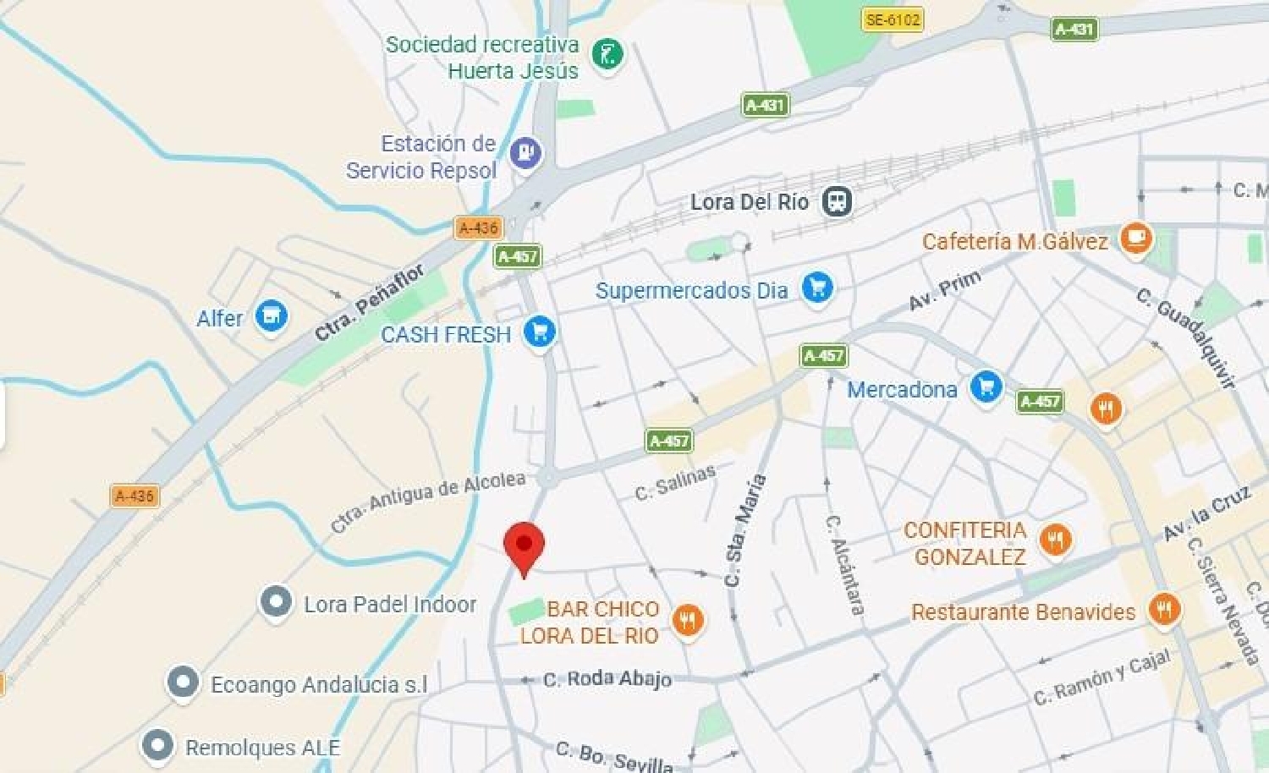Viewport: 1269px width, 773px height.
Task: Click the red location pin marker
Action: coord(524,545)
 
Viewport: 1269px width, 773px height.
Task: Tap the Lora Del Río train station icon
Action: coord(837,201)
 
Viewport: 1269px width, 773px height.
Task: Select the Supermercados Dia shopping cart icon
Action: coord(816,288)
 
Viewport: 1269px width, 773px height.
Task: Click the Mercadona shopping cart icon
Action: coord(986,387)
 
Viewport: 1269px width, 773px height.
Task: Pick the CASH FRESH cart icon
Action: coord(539,332)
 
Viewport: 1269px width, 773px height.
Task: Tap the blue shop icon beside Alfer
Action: coord(271,317)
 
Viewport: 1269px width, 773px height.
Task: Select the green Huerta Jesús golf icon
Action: coord(607,55)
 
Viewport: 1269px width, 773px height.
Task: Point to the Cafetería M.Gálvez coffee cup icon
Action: coord(1135,238)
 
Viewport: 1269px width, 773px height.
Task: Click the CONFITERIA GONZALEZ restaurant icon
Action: coord(1055,540)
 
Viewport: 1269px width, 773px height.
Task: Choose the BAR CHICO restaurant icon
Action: coord(688,621)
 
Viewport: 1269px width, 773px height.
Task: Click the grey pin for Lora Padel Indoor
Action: coord(276,602)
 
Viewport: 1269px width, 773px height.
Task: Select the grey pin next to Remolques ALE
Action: coord(157,746)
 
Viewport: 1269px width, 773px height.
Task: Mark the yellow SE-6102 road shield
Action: coord(893,19)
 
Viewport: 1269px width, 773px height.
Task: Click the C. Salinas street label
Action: coord(675,482)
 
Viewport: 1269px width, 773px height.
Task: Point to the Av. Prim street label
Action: coord(945,289)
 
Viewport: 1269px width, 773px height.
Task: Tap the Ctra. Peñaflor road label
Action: coord(369,302)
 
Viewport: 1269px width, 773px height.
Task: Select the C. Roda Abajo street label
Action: coord(607,678)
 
